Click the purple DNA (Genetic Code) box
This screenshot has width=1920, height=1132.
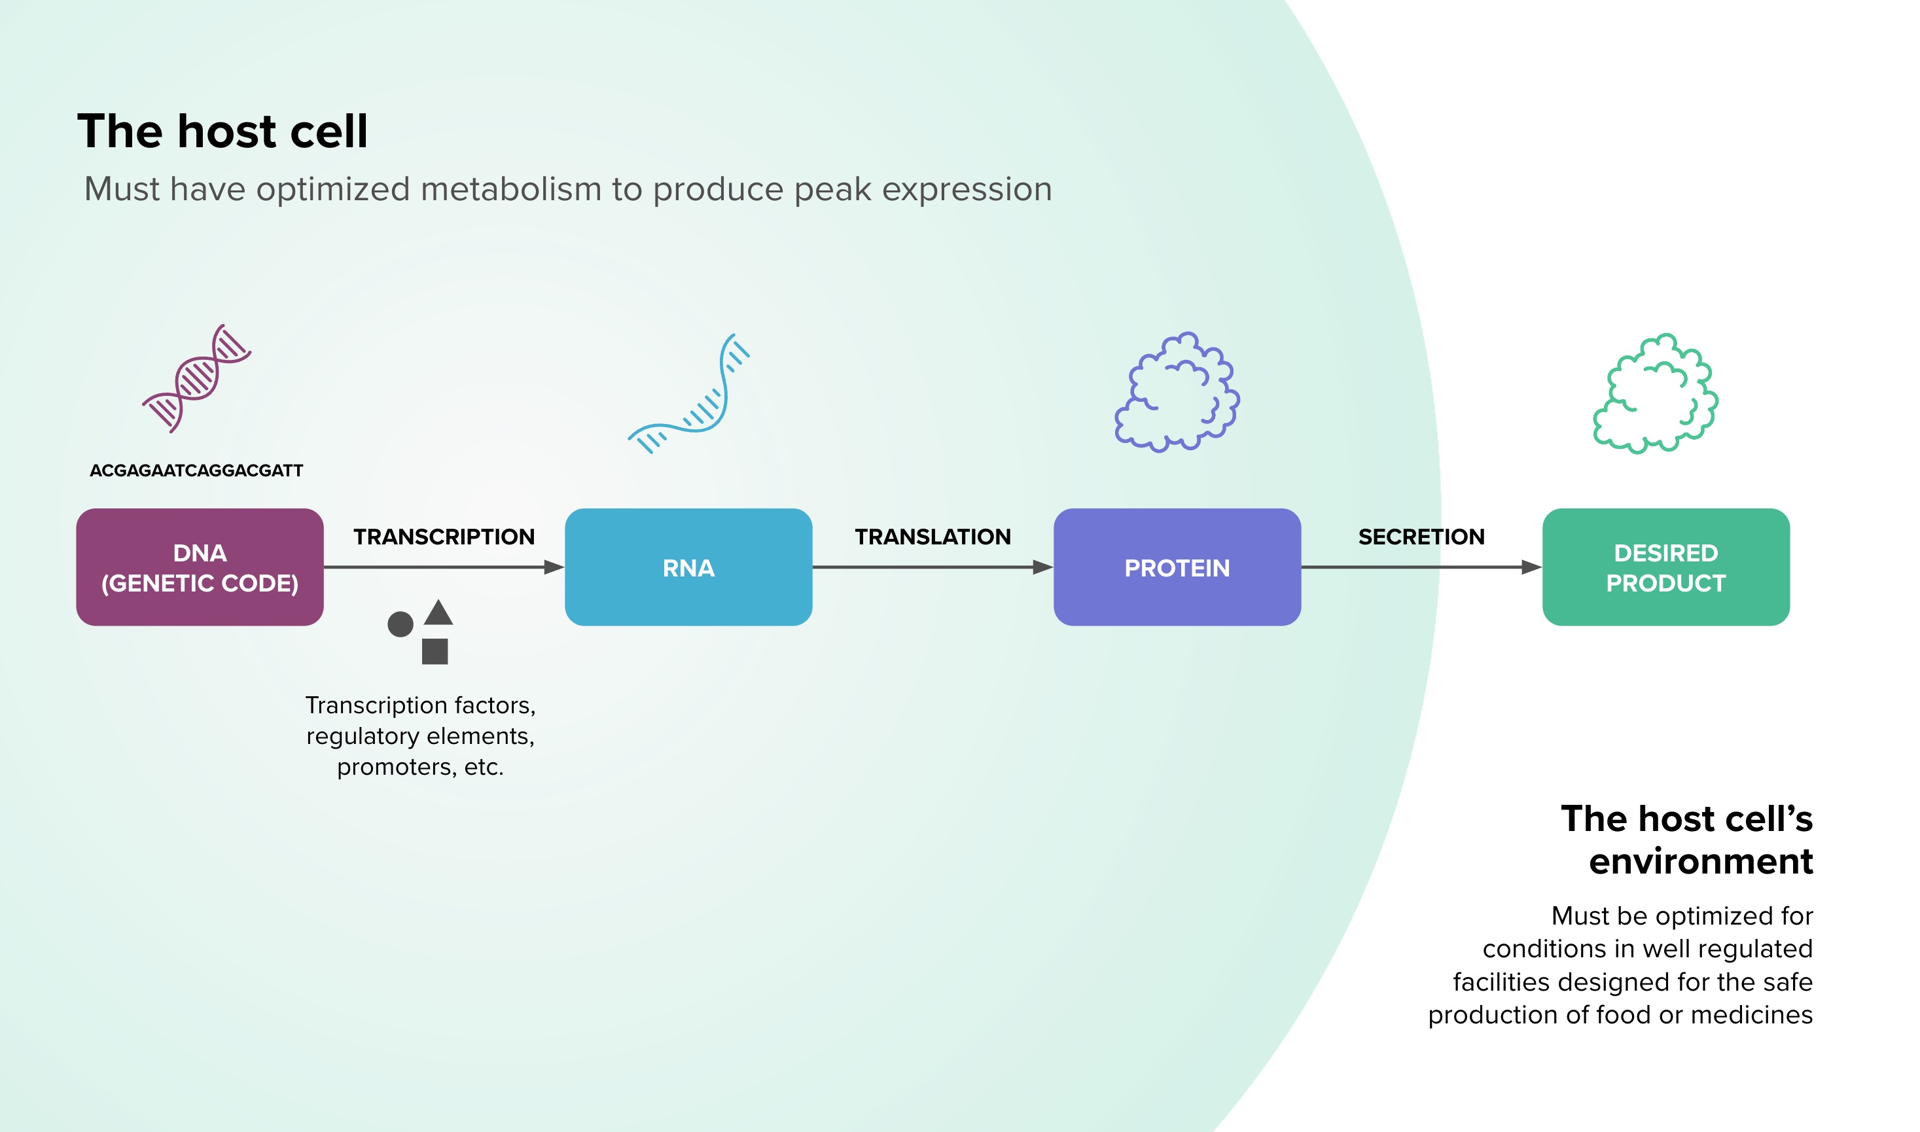[x=200, y=567]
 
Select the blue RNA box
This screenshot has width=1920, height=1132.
[x=689, y=567]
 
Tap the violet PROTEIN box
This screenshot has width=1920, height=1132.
[x=1177, y=567]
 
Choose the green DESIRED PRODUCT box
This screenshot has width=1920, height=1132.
[x=1666, y=567]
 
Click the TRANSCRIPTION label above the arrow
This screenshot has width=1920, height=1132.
[x=444, y=537]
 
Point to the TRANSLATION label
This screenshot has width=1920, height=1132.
[x=933, y=537]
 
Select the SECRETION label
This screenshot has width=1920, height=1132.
[x=1422, y=537]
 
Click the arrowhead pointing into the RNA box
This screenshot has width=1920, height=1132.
[x=554, y=567]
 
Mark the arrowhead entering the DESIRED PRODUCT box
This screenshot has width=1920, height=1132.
[x=1532, y=567]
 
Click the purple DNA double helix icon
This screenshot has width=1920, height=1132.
[x=197, y=378]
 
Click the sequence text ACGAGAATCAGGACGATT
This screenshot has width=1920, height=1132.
[x=197, y=470]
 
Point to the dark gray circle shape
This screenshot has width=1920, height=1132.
[x=400, y=624]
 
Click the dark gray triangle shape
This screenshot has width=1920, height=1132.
[x=438, y=612]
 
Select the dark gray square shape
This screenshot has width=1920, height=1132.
[x=435, y=652]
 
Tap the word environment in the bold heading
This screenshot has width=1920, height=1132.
[x=1701, y=862]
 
